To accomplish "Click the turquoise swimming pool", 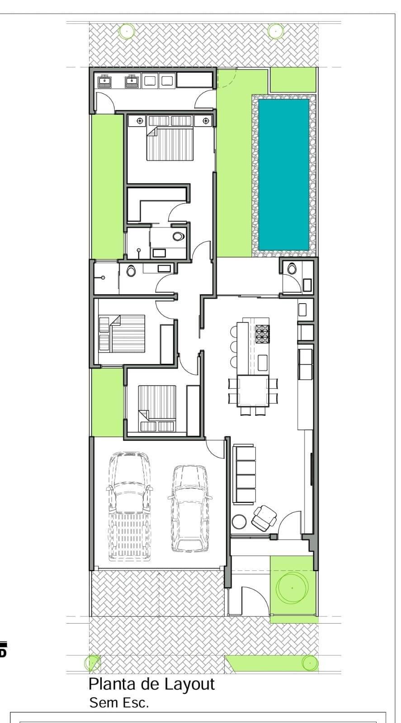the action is (283, 174).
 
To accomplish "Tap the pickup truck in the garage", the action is (129, 507).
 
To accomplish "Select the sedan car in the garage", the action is (190, 509).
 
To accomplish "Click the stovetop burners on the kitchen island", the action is (263, 334).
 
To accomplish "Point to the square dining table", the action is (253, 391).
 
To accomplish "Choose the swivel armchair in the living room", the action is (264, 518).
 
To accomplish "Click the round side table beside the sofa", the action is (239, 521).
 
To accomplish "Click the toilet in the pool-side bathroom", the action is (292, 268).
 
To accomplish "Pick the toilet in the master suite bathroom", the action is (178, 237).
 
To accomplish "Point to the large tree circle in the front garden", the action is (292, 588).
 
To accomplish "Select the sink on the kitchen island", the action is (263, 362).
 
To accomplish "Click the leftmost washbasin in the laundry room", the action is (104, 81).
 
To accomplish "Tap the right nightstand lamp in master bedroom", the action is (206, 121).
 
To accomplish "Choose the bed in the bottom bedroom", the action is (157, 408).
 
